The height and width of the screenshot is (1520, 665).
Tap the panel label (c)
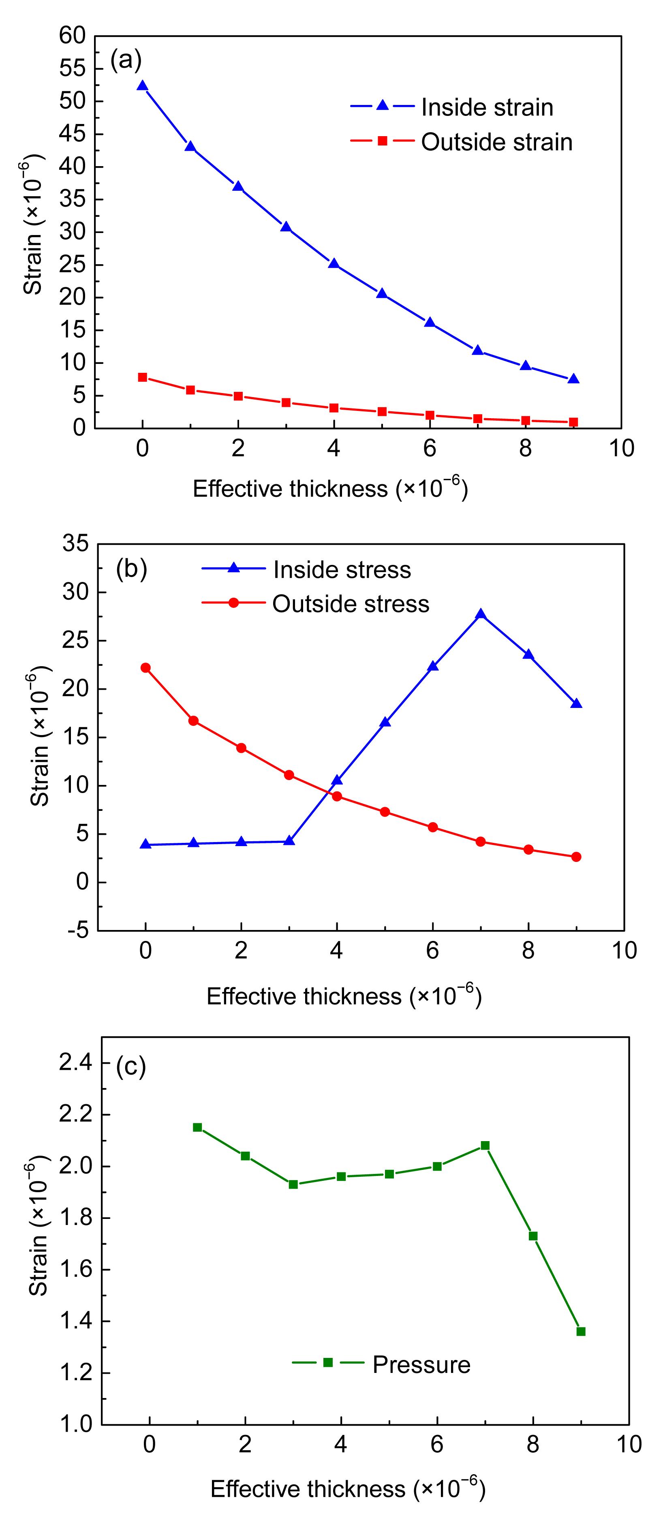click(131, 1067)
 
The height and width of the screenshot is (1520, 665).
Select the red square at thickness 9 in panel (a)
click(573, 422)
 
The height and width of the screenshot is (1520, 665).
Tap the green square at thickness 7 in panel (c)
click(485, 1145)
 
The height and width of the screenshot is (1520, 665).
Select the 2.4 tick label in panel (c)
click(77, 1063)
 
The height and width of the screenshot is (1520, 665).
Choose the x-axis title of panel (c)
click(348, 1489)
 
